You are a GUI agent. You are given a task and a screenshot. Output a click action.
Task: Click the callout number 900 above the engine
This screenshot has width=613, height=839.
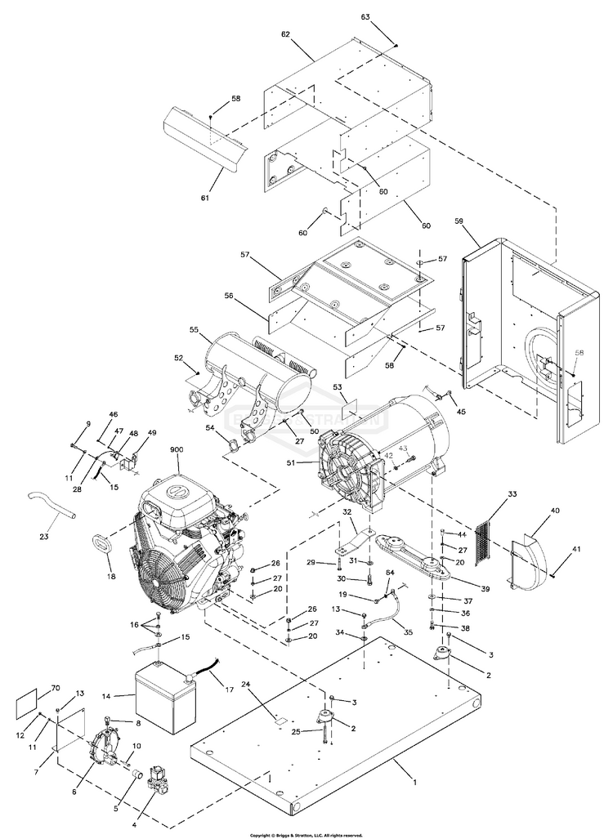[x=177, y=451]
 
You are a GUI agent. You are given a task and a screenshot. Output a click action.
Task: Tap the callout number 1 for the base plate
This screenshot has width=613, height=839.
[x=414, y=782]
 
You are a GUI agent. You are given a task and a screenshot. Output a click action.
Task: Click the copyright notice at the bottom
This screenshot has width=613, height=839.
[x=306, y=834]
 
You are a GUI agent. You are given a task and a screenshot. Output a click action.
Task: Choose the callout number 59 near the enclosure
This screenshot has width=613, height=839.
[x=459, y=220]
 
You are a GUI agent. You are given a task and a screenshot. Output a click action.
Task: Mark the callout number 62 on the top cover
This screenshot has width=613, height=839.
[x=285, y=34]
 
